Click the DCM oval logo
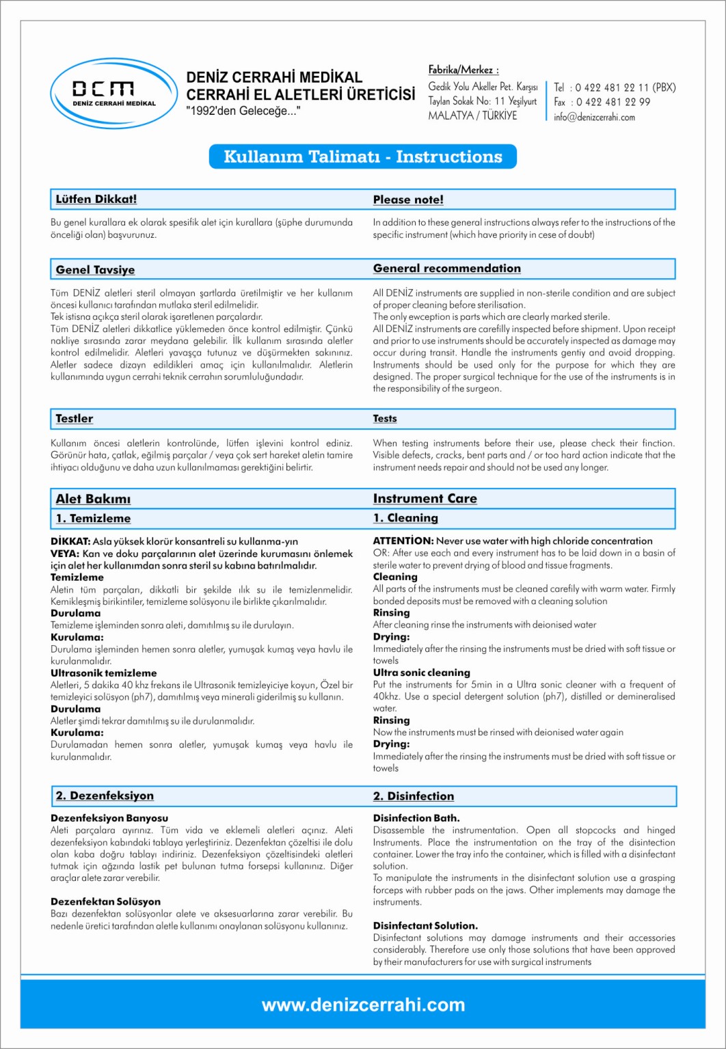[113, 94]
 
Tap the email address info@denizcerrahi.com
[594, 117]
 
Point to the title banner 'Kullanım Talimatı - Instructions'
[362, 156]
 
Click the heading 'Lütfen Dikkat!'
[96, 200]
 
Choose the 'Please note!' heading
[408, 200]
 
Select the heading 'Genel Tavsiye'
[95, 269]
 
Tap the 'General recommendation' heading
[446, 269]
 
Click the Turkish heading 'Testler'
[74, 418]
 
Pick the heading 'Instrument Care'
[425, 498]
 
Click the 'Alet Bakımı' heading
[93, 499]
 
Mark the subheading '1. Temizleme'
[93, 518]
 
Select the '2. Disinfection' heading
[413, 796]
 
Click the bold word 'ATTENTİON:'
[403, 541]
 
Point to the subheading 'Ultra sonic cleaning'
[421, 672]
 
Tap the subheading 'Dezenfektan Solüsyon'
[105, 901]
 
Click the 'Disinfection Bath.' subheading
[416, 818]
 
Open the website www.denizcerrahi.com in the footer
[363, 1005]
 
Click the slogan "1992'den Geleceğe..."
[243, 111]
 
